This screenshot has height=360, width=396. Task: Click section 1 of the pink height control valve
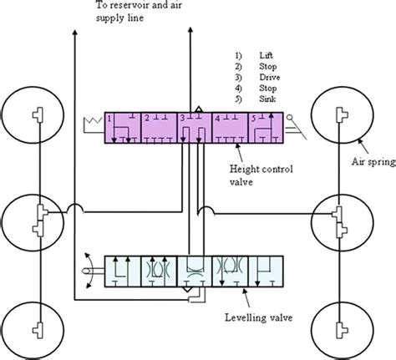coord(119,128)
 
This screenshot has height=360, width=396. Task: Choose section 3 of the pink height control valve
coord(194,128)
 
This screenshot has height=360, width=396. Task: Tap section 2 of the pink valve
coord(157,128)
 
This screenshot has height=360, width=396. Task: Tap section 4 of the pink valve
coord(231,128)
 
